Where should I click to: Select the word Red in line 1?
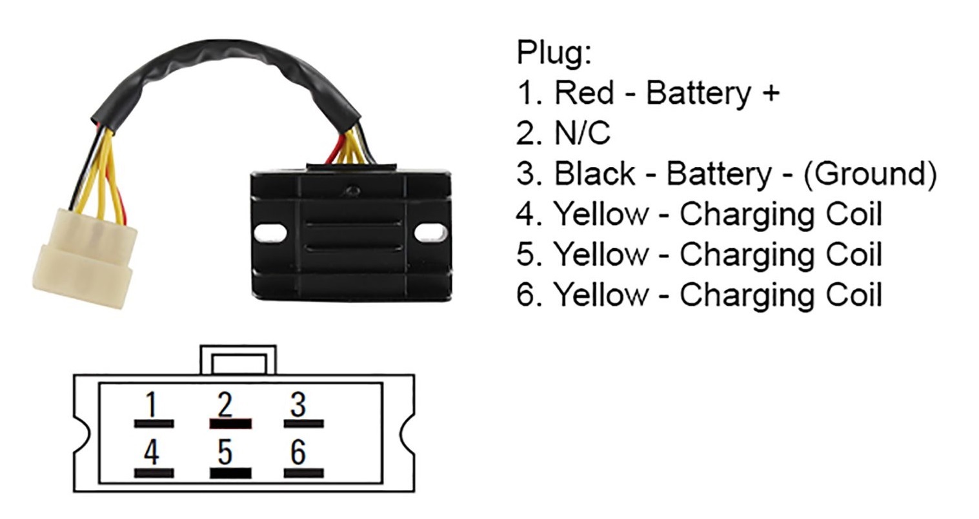584,93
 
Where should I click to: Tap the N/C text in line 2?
582,133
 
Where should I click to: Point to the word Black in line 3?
594,173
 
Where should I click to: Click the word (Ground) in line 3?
870,174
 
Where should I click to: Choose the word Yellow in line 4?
601,214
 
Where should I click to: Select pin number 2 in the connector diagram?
225,404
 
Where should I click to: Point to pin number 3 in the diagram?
298,404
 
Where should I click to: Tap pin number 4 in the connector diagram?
152,452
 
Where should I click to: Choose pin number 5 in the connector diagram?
225,452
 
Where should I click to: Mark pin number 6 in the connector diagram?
298,452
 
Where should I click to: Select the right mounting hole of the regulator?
431,233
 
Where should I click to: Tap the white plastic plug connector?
85,259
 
